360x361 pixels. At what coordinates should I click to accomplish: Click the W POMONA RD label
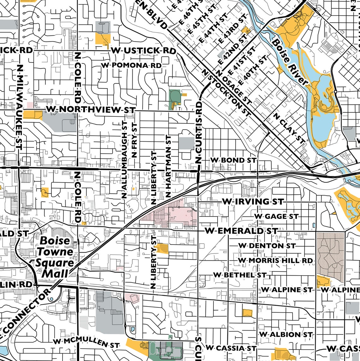(x=131, y=65)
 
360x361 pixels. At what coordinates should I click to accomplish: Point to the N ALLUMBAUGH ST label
(x=124, y=160)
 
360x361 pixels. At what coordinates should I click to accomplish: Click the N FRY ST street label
(x=134, y=140)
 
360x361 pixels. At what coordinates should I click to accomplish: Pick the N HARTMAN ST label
(x=168, y=166)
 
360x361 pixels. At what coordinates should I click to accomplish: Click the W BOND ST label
(x=233, y=160)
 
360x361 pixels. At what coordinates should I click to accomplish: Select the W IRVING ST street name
(x=253, y=202)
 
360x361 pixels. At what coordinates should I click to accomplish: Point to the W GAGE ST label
(x=276, y=216)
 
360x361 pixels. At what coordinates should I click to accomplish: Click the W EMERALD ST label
(x=242, y=231)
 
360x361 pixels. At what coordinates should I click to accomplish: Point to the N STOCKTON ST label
(x=226, y=93)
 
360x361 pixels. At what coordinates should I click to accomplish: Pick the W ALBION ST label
(x=285, y=334)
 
